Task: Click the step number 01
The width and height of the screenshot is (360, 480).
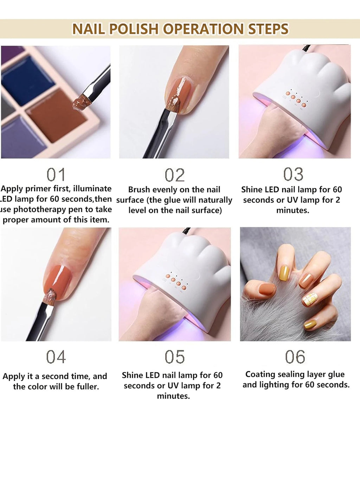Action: click(x=56, y=175)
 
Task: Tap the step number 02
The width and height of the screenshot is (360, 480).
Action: click(x=174, y=175)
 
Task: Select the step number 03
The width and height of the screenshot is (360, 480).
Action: click(x=293, y=174)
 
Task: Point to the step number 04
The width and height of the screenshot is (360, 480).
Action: click(x=56, y=357)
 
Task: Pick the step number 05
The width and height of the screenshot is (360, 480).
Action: click(x=174, y=357)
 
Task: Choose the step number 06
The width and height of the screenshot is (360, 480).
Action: click(x=295, y=357)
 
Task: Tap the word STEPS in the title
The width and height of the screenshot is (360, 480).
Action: click(x=268, y=29)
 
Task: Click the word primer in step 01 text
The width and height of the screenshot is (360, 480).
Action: click(x=39, y=189)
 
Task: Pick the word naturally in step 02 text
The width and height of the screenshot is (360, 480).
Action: click(x=214, y=200)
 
